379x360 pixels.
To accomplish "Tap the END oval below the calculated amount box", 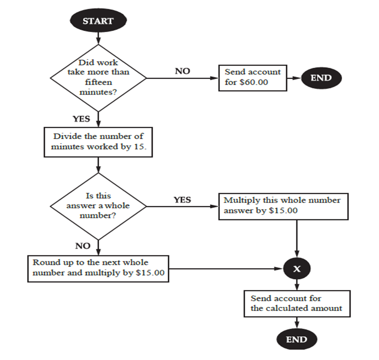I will click(x=296, y=339).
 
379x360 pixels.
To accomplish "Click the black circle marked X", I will click(x=297, y=269).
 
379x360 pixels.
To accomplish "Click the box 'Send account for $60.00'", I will click(x=253, y=77).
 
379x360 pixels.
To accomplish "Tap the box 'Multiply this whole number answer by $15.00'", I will click(x=283, y=206).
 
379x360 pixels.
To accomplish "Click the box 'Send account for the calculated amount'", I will click(x=297, y=303).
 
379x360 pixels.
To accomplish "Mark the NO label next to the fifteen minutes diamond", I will click(x=182, y=71).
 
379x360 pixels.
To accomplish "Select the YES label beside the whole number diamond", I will click(x=182, y=200).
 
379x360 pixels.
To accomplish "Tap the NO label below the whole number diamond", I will click(x=82, y=246).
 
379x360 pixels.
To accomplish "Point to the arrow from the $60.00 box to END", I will click(x=294, y=78).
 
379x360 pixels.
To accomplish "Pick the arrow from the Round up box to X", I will click(x=227, y=269).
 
